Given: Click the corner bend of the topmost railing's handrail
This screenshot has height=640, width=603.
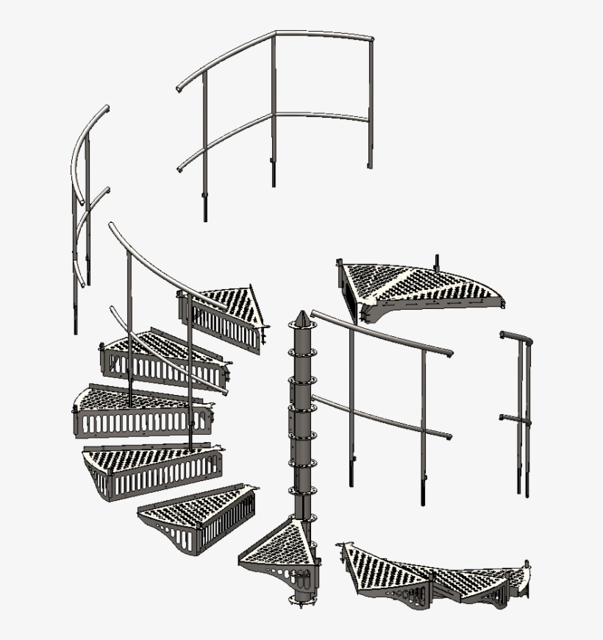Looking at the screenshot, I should (x=276, y=34).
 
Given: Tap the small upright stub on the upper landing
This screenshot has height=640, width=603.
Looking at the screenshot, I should (x=437, y=262).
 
